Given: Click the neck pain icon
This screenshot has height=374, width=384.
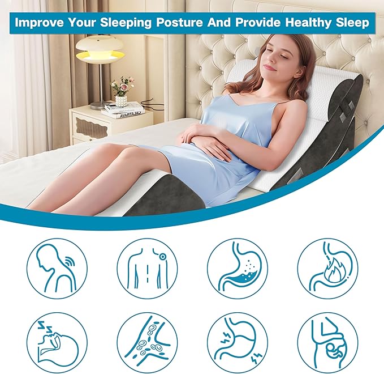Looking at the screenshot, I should [57, 267].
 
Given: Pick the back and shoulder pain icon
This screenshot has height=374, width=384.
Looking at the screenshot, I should [147, 267].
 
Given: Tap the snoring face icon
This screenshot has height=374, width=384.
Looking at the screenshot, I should [57, 343].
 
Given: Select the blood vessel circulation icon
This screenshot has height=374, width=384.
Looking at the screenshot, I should [147, 343].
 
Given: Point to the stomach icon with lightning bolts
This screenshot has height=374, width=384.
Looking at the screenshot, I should [237, 343].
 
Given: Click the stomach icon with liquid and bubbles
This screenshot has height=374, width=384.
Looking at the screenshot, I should [237, 267].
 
